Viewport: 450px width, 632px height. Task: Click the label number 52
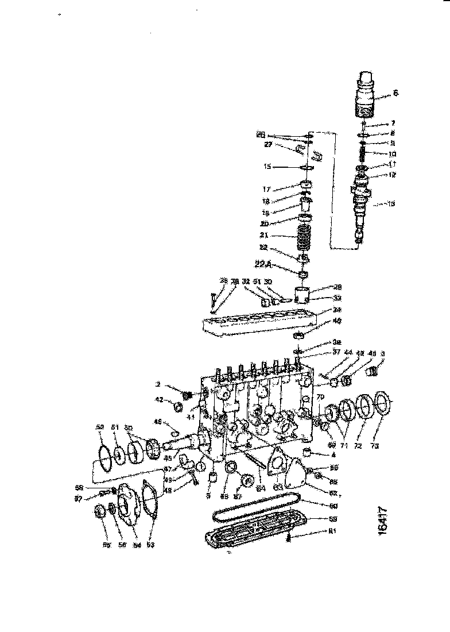[100, 427]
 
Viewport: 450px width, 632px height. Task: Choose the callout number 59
[332, 519]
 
